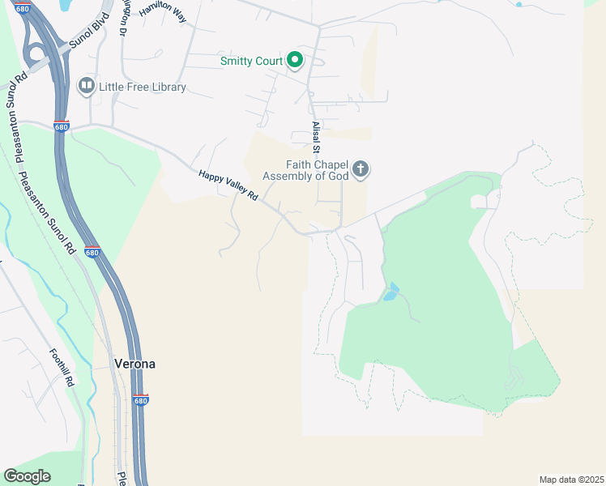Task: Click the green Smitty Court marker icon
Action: (x=296, y=60)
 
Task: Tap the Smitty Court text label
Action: (x=251, y=61)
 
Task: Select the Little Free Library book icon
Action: (x=86, y=86)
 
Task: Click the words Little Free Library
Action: (x=143, y=87)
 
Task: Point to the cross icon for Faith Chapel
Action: (x=361, y=169)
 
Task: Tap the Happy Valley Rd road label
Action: (x=228, y=185)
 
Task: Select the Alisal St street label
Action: (x=317, y=137)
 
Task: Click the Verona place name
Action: (x=134, y=364)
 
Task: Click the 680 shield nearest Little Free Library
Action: (x=62, y=126)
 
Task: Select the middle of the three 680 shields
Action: (x=92, y=252)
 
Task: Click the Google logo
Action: (x=27, y=476)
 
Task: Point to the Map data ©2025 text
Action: (x=570, y=479)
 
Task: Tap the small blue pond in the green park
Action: (x=391, y=292)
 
